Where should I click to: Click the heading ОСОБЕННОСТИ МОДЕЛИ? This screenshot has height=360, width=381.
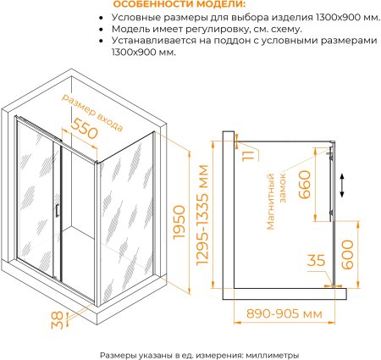point(179,4)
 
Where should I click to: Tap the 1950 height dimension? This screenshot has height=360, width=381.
point(179,222)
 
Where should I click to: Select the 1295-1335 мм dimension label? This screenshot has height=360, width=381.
point(202,214)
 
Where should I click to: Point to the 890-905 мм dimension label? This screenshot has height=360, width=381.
point(284,313)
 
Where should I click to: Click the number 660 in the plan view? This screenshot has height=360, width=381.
point(304,185)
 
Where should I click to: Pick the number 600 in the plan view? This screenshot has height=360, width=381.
point(347,254)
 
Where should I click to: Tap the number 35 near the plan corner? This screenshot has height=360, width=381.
point(316,260)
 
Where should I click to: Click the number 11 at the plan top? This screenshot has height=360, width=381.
point(248,156)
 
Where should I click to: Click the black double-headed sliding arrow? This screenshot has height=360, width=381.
point(342,186)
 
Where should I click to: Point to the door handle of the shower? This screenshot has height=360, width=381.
point(57,211)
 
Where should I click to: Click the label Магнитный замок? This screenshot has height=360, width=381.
point(276,201)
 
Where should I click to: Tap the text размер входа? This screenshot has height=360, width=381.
point(92,113)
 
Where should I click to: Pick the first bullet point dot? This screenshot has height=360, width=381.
point(102,18)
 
